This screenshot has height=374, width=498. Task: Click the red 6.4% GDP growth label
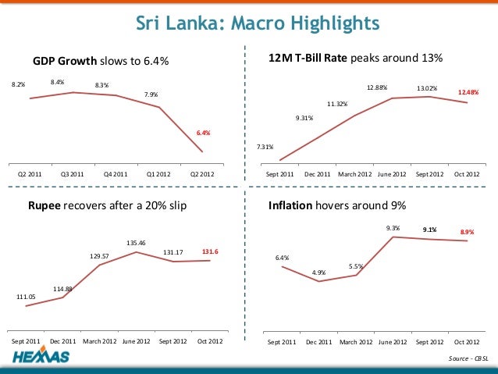(202, 132)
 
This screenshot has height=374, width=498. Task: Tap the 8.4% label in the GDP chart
(57, 81)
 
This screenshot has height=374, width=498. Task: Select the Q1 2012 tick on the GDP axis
(159, 174)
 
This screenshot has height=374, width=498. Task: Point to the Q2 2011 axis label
(30, 174)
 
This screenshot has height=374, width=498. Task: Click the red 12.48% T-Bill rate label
(468, 92)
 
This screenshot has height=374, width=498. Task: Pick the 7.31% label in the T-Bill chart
(265, 147)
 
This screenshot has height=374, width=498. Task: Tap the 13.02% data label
(426, 88)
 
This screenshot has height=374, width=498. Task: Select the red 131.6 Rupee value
(210, 251)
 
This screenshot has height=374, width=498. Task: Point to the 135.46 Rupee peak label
(137, 242)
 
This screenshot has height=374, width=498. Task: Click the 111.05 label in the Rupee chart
(26, 297)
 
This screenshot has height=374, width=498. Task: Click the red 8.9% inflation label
(467, 232)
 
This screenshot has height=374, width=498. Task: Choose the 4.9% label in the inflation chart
(318, 272)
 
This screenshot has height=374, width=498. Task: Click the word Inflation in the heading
(290, 206)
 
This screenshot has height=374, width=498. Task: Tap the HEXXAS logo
(41, 358)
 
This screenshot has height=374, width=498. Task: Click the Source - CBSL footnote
(467, 358)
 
